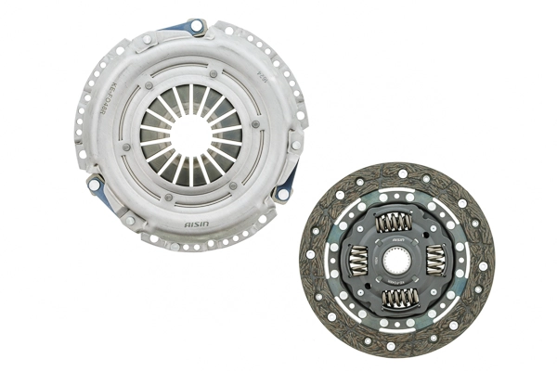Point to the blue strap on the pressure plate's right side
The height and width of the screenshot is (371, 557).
click(288, 182)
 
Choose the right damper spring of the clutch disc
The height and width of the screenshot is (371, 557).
click(437, 259)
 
